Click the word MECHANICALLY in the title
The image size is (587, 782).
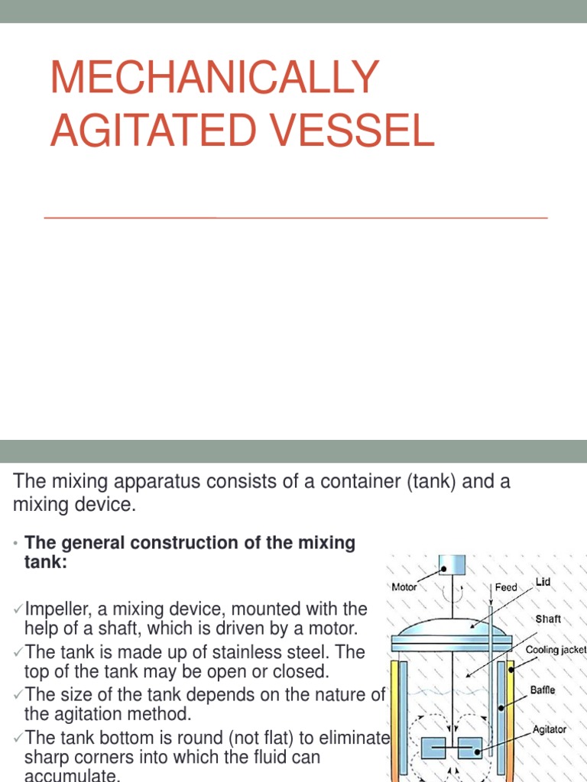(215, 77)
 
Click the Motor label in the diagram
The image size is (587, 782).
(404, 587)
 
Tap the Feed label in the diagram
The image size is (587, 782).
(506, 587)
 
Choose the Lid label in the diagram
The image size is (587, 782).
(543, 582)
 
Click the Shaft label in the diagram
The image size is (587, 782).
(548, 619)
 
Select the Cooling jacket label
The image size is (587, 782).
(556, 650)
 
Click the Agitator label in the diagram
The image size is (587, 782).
(550, 729)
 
